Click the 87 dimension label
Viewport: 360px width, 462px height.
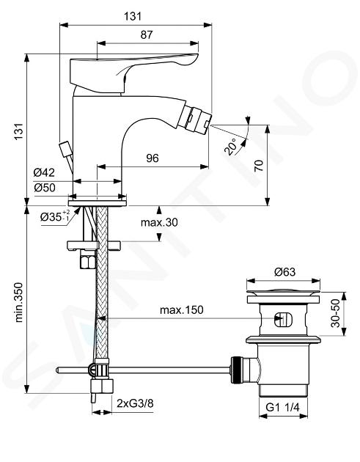tap(147, 34)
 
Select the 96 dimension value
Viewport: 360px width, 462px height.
tap(153, 158)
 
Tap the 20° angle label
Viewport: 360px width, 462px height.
tap(231, 147)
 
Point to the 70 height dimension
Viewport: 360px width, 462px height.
tap(258, 166)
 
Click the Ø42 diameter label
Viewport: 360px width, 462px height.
tap(44, 172)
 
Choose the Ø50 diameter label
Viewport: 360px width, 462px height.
tap(45, 188)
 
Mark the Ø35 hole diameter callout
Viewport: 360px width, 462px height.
tap(55, 216)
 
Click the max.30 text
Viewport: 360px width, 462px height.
tap(159, 222)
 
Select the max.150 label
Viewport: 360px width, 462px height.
tap(182, 310)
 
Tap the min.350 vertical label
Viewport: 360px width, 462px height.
tap(19, 302)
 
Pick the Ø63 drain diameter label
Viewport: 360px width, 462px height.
tap(284, 271)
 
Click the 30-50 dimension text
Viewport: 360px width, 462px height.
tap(336, 313)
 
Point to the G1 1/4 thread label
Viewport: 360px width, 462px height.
tap(282, 407)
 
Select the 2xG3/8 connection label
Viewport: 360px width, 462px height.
tap(135, 403)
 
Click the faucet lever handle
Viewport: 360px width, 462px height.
tap(133, 73)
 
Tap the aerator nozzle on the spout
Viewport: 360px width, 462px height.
tap(195, 119)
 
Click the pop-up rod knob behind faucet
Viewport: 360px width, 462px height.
tap(65, 147)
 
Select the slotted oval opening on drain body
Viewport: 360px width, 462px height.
tap(282, 320)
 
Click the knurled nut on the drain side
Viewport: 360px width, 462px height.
tap(236, 370)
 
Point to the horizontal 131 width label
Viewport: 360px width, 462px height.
tap(133, 16)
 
